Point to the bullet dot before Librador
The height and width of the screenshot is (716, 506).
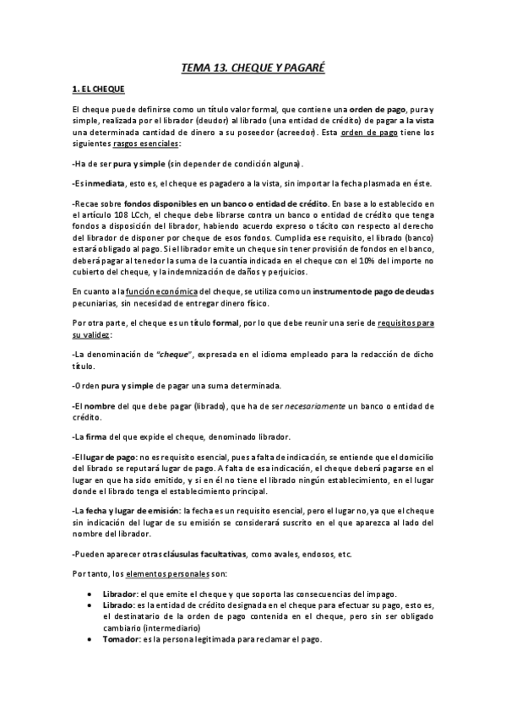coord(90,594)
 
